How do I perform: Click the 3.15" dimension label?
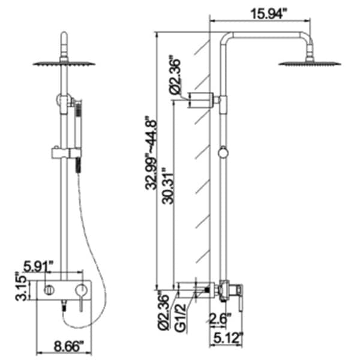click(x=22, y=289)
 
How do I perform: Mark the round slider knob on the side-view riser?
click(x=223, y=153)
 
